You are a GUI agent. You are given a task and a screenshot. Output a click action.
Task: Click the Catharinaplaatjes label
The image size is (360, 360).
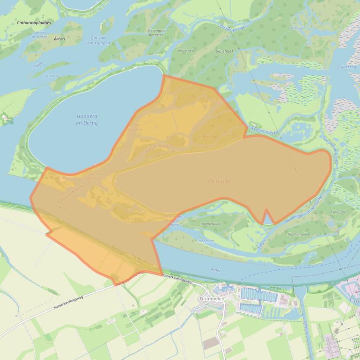click(34, 22)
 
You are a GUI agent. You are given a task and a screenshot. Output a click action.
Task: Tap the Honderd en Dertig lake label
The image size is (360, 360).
click(87, 120)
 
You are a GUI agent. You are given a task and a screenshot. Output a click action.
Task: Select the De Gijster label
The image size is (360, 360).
click(220, 180)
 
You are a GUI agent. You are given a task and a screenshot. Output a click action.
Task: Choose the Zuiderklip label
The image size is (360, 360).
click(346, 67)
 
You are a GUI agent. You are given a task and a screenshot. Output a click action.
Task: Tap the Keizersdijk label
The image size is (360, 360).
click(186, 50)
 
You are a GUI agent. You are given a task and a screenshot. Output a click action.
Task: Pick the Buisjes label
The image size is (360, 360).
click(59, 39)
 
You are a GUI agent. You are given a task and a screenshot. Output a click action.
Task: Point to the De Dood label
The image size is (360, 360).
click(297, 28)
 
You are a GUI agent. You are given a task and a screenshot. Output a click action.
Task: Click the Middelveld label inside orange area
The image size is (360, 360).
click(211, 137)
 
